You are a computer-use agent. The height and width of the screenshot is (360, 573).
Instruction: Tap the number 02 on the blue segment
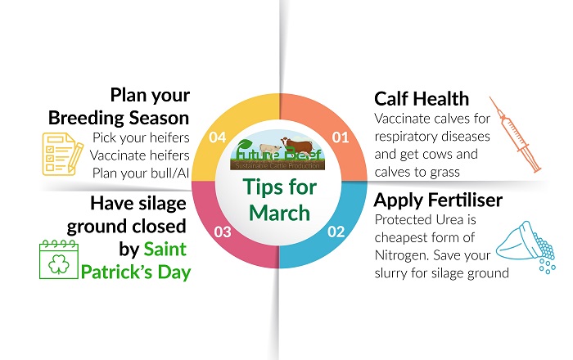tap(336, 232)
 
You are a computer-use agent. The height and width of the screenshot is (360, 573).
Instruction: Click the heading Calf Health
tap(422, 99)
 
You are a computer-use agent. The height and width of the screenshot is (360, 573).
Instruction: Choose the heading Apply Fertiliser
tap(438, 200)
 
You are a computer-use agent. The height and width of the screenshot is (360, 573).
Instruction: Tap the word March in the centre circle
tap(277, 215)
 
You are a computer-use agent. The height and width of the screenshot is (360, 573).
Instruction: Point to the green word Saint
tap(168, 248)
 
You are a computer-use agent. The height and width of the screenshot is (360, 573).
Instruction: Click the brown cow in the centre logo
tap(291, 146)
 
